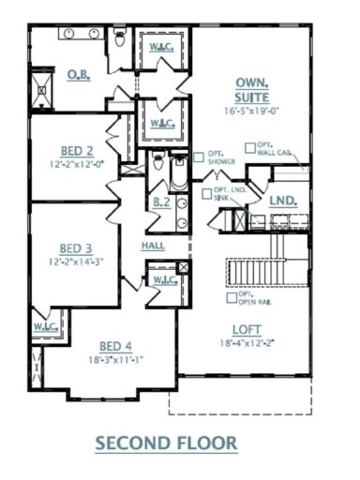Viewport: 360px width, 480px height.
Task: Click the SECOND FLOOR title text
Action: (x=178, y=441)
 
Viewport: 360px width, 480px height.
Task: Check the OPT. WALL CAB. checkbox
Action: (x=249, y=146)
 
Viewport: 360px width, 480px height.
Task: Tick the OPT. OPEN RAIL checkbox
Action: (x=231, y=297)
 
